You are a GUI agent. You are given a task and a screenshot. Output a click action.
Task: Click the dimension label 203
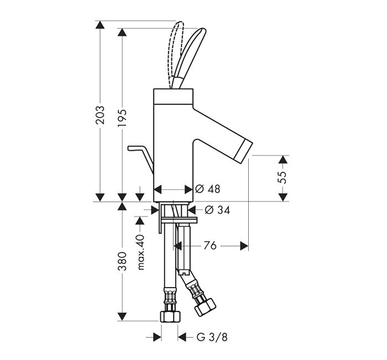tap(100, 115)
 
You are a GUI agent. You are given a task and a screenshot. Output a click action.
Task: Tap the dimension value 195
tap(122, 118)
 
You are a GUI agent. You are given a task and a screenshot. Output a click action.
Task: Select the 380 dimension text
tap(122, 261)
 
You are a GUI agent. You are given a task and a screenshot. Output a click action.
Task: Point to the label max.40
tap(140, 252)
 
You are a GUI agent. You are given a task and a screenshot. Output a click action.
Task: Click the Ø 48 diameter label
tap(207, 189)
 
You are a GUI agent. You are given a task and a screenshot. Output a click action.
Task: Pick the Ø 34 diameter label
tap(217, 210)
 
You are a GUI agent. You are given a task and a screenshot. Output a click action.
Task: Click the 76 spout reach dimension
tap(210, 246)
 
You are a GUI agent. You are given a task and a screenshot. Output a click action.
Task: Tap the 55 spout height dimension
tap(283, 177)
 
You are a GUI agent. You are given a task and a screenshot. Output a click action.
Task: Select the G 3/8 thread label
tap(212, 337)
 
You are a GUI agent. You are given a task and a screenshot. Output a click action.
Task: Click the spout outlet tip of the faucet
tap(243, 151)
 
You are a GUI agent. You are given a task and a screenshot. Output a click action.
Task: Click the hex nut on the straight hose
tap(170, 316)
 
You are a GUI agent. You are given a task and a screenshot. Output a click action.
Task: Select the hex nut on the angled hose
tap(205, 307)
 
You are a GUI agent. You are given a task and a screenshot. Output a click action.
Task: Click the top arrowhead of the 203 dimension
tap(100, 25)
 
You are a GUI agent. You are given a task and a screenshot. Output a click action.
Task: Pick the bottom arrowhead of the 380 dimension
tap(122, 316)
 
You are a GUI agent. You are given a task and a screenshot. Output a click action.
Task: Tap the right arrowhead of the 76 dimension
tap(244, 246)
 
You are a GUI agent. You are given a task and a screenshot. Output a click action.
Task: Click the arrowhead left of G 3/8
tap(157, 337)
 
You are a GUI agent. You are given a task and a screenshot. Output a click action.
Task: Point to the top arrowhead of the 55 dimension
tap(283, 159)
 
